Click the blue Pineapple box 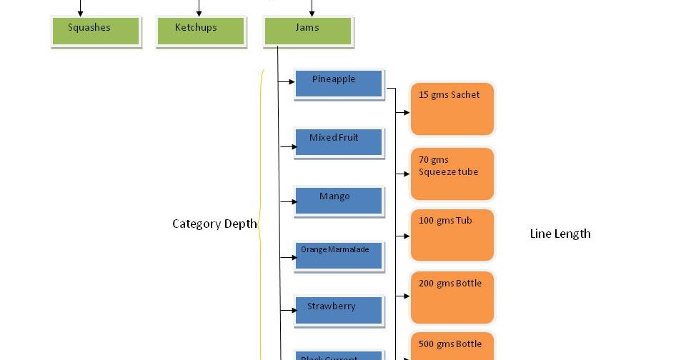click(339, 83)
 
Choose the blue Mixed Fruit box click(339, 142)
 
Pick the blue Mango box click(339, 201)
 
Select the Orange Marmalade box click(339, 255)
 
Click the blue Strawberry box click(339, 311)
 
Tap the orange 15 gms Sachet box click(452, 109)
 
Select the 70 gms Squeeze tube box click(452, 174)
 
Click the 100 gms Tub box click(452, 235)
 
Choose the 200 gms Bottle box click(452, 297)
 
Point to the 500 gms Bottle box click(452, 346)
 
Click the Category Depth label click(214, 224)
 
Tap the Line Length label click(560, 234)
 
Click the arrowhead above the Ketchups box click(199, 14)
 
